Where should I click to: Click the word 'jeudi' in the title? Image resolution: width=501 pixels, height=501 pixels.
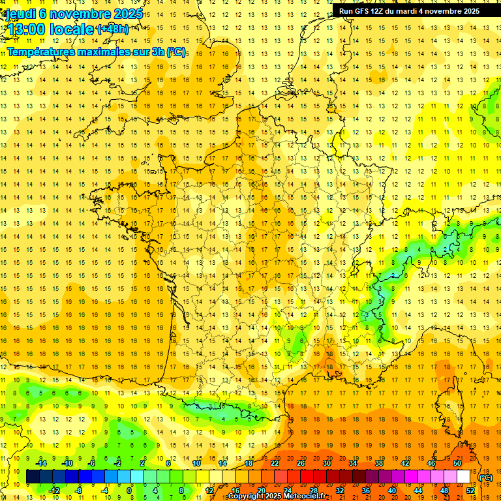(20, 14)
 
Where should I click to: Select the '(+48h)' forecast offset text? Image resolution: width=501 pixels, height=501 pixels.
(113, 29)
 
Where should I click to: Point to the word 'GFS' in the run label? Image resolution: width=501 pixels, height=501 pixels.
(362, 11)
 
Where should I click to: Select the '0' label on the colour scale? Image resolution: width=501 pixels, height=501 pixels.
(129, 491)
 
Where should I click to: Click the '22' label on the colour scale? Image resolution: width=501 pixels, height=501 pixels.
(275, 463)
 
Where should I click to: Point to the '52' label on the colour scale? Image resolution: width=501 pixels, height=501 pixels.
(470, 491)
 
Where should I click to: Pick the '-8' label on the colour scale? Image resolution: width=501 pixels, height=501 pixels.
(79, 491)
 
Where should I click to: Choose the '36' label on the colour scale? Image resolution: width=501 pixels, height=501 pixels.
(366, 491)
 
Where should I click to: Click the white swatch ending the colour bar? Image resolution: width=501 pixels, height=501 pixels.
(464, 477)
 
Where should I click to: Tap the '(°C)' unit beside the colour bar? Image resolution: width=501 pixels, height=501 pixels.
(486, 478)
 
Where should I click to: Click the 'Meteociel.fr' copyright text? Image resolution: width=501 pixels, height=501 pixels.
(305, 496)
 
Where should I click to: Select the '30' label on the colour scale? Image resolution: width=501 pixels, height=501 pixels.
(327, 463)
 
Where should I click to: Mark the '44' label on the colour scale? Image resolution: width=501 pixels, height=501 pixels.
(418, 491)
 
